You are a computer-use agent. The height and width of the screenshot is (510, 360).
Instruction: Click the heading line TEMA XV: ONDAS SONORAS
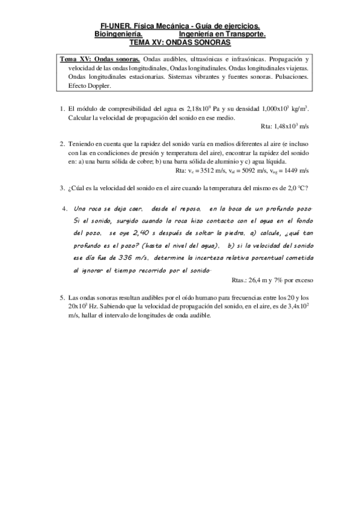[x=180, y=44]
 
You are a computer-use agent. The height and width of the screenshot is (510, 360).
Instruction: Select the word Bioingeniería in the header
[x=118, y=35]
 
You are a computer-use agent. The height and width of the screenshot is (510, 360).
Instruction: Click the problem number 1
[x=62, y=109]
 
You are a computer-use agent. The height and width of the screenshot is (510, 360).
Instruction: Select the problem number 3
[x=62, y=188]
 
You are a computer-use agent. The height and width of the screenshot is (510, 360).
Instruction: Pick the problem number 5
[x=62, y=297]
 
